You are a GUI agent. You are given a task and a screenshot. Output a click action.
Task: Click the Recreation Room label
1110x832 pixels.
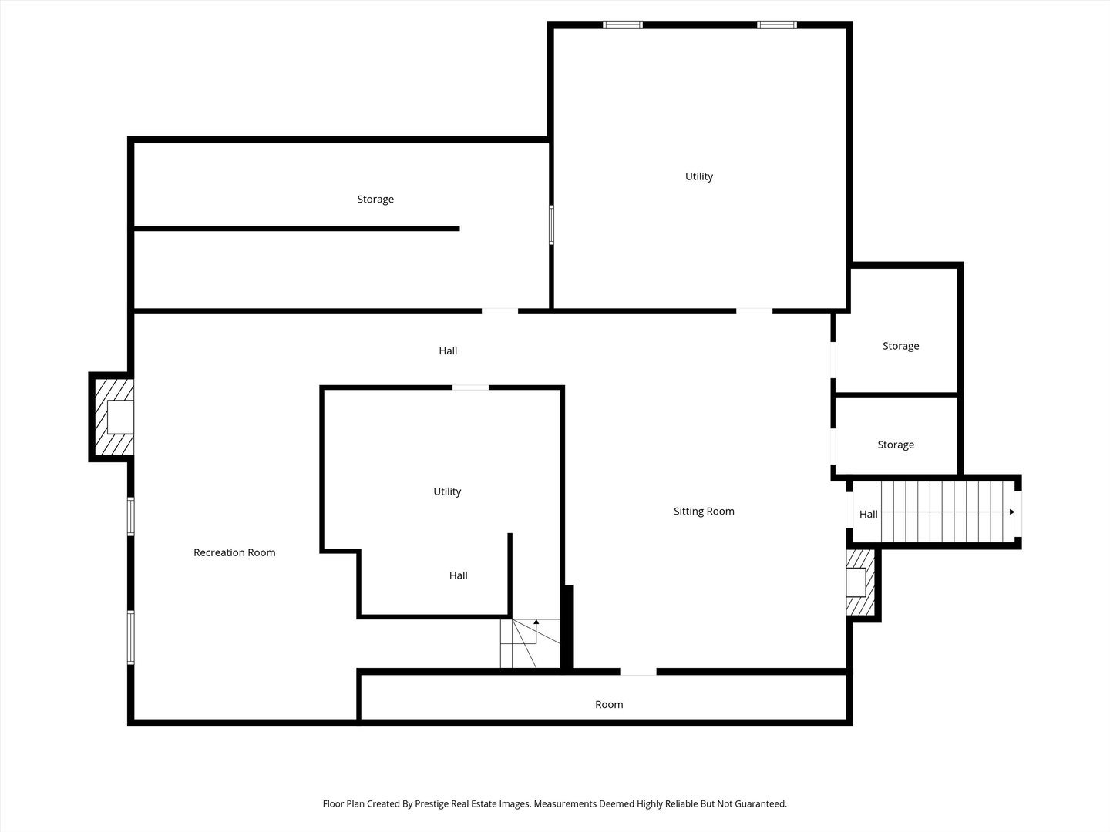(234, 552)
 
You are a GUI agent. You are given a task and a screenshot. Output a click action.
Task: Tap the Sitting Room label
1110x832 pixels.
(704, 512)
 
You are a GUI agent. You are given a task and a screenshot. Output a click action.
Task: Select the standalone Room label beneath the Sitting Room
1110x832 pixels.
(609, 704)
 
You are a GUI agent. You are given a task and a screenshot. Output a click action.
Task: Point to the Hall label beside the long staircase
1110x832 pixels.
(868, 515)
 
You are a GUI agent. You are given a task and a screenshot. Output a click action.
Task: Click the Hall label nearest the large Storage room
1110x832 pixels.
(448, 351)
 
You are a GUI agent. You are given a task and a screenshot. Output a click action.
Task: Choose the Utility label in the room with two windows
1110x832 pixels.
(699, 176)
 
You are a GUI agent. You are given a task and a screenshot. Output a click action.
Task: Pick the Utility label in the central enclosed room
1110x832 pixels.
(447, 491)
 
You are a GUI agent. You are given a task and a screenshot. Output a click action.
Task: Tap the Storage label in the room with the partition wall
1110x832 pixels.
(375, 199)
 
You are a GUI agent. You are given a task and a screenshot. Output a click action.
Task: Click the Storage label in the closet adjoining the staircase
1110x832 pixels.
(896, 445)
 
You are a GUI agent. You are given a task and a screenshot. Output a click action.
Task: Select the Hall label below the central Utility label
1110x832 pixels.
(458, 575)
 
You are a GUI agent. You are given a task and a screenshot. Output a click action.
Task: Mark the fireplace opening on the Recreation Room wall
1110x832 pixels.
(120, 418)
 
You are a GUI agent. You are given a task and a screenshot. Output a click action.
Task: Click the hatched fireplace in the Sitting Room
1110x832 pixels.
(860, 582)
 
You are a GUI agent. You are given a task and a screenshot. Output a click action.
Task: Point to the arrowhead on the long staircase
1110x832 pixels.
(1012, 512)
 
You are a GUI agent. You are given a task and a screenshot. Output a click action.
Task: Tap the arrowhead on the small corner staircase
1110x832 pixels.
(536, 622)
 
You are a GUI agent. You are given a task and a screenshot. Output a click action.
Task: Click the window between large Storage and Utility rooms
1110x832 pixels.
(551, 225)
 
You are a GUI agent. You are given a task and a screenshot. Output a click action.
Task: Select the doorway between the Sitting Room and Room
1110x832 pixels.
(638, 671)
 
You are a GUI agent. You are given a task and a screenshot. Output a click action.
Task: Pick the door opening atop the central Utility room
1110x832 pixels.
(470, 387)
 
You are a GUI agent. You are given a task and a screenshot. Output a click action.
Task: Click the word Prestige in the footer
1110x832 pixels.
(432, 803)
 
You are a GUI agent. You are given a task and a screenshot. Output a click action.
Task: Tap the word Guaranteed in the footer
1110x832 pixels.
(761, 803)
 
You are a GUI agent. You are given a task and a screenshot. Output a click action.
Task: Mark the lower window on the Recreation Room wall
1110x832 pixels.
(130, 638)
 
